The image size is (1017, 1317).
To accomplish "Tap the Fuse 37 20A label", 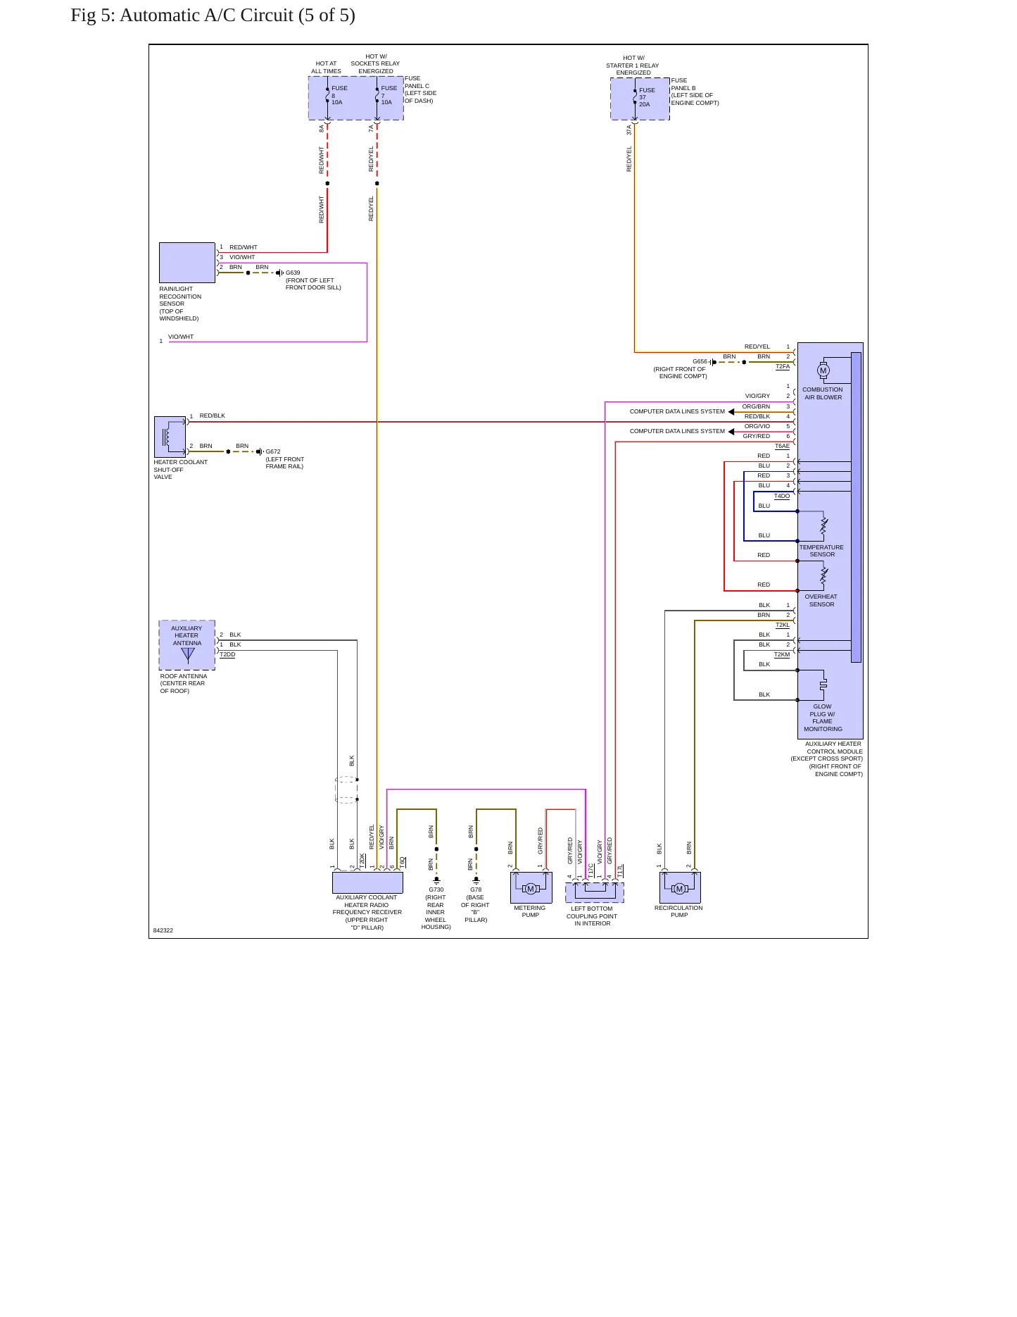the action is (647, 97).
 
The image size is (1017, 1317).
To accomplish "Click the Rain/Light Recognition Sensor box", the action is (187, 263).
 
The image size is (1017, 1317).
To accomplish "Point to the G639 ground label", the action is (293, 273).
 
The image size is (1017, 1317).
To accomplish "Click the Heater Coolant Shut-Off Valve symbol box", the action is (170, 437).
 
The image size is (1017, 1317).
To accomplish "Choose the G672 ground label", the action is (273, 451).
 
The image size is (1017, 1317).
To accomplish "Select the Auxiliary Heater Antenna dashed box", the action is (187, 645).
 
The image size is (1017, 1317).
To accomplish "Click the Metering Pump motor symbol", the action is (531, 888).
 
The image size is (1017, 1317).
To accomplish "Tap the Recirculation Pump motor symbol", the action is (679, 888).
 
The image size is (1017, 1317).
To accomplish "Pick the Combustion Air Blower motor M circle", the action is (823, 370).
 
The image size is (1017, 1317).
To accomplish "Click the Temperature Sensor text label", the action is (821, 551).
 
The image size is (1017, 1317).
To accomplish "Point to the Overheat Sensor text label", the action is (821, 600).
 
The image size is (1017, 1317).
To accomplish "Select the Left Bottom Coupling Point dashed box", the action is (595, 892).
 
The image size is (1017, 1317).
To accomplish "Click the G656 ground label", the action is (700, 361).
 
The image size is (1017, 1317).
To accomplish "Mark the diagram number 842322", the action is (163, 930).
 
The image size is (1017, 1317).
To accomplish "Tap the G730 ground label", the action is (436, 890).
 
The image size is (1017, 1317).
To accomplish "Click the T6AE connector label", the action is (782, 446).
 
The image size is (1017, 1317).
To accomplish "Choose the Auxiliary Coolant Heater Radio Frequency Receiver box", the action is (367, 882).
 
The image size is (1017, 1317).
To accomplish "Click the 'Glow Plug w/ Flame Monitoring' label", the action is (823, 718).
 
